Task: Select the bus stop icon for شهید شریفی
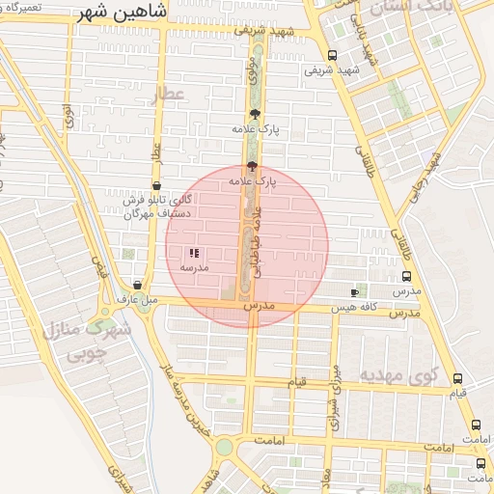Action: click(x=333, y=55)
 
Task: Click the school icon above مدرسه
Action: click(x=194, y=253)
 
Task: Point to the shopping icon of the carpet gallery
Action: click(x=155, y=186)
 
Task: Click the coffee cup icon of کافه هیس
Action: click(x=354, y=292)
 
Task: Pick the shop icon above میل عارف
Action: click(x=138, y=286)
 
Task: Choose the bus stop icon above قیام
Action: click(x=457, y=378)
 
